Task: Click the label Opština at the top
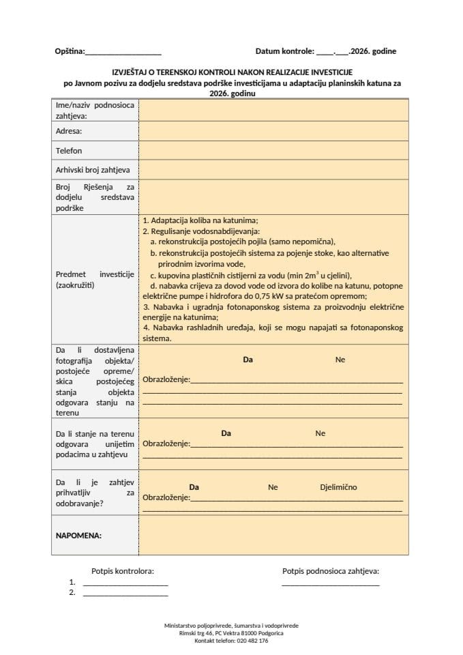tap(70, 51)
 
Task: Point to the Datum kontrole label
tap(284, 51)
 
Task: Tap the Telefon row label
tap(69, 150)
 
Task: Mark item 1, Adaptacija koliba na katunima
tap(200, 221)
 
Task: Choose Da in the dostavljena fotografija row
tap(248, 360)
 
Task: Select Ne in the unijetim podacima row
tap(320, 433)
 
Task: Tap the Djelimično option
tap(338, 487)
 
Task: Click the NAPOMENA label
tap(78, 536)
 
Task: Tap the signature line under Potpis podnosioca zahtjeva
tap(330, 585)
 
